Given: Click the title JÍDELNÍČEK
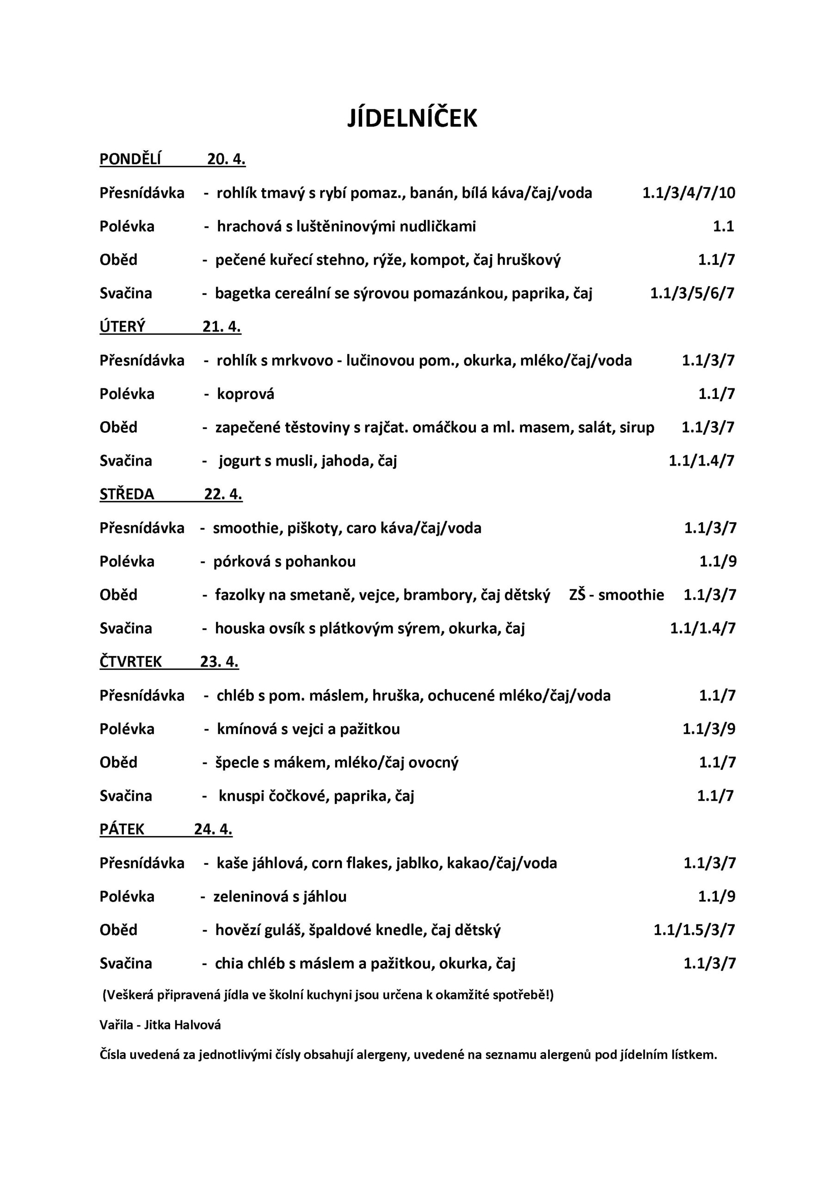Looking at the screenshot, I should click(412, 118).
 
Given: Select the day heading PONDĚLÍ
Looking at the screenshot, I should click(130, 160).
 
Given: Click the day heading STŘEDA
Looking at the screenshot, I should click(126, 494).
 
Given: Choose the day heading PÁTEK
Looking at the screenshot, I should click(122, 829).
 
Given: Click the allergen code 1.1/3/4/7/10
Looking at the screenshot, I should click(689, 193).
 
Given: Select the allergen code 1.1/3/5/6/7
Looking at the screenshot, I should click(692, 293).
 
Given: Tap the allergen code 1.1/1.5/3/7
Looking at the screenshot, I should click(694, 929).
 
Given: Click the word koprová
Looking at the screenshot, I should click(246, 394).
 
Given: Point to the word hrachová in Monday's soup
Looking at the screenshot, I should click(249, 226).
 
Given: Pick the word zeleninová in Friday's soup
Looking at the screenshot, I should click(251, 897).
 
